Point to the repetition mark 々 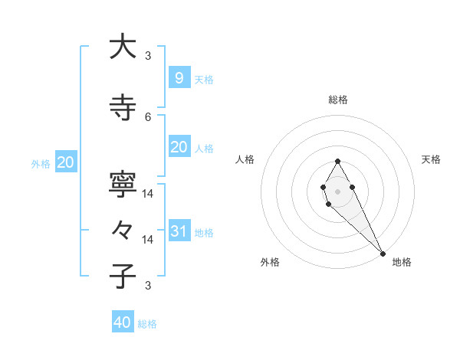point(123,230)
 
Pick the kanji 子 point(123,276)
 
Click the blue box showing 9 point(179,77)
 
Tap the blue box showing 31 point(179,231)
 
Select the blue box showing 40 point(123,322)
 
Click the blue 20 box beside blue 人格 point(179,146)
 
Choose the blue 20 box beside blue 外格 point(66,162)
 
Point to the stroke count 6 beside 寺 point(148,116)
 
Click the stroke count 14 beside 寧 point(148,193)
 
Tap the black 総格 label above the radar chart point(338,100)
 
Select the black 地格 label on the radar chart point(402,262)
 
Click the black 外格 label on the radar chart point(270,262)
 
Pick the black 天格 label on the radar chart point(431,159)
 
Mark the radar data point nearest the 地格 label point(383,254)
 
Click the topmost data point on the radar point(337,161)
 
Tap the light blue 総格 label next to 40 point(147,324)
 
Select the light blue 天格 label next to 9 point(203,79)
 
